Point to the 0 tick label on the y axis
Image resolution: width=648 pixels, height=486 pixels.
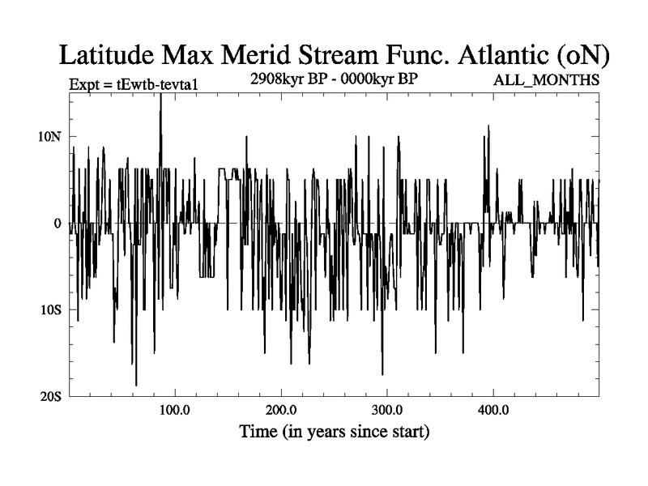point(58,223)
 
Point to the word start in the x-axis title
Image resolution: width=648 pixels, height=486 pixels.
point(403,432)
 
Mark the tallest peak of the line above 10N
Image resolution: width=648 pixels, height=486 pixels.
point(160,95)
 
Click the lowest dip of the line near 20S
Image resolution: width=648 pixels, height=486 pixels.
point(136,385)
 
